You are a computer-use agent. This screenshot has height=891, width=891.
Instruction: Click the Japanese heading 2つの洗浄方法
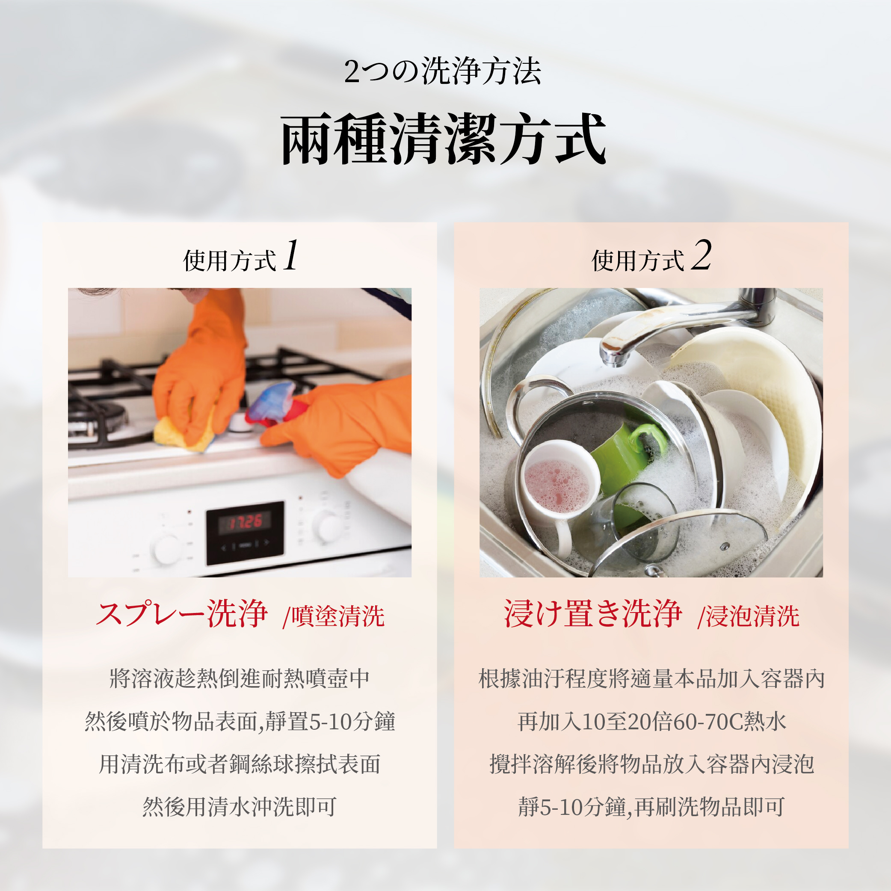click(443, 71)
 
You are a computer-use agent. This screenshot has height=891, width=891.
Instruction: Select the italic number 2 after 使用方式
click(701, 255)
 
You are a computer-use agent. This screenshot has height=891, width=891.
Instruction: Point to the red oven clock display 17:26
click(246, 522)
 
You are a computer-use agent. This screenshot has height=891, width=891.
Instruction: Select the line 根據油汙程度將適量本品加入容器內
click(651, 678)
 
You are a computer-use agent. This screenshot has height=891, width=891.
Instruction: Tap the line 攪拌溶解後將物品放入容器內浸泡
click(651, 764)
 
